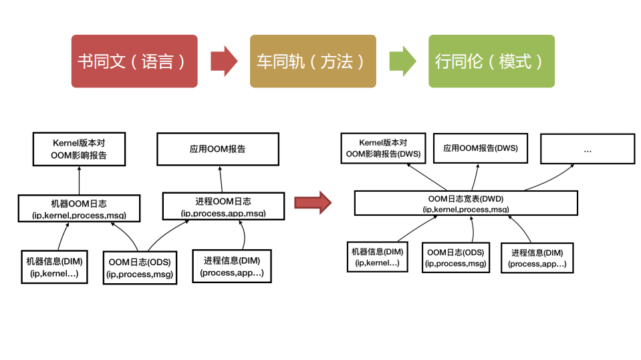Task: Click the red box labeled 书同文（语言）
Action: (x=134, y=61)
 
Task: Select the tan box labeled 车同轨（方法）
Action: (x=313, y=61)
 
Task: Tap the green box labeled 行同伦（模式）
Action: (x=491, y=61)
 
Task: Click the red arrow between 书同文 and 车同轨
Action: (x=224, y=61)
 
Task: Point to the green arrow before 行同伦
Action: (x=402, y=61)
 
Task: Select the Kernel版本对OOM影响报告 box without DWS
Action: (x=79, y=149)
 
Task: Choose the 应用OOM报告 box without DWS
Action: (x=217, y=149)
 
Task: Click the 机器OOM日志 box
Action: (x=79, y=208)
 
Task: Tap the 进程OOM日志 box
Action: (x=223, y=206)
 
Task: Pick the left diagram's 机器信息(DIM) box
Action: (x=53, y=266)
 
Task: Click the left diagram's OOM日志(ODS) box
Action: (x=140, y=268)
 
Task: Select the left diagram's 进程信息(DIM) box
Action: (x=232, y=266)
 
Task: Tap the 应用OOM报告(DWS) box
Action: (x=480, y=148)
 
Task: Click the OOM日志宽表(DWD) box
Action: (x=465, y=203)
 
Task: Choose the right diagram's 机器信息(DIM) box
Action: (x=378, y=257)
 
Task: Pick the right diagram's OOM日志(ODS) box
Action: (x=455, y=258)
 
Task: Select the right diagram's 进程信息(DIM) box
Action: (x=537, y=257)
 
